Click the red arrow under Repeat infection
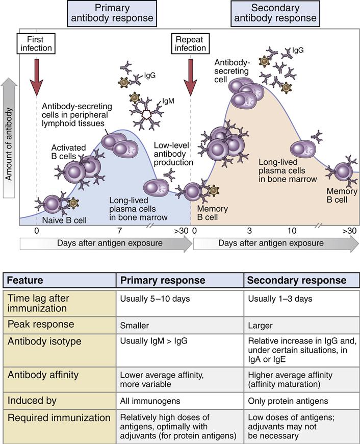click(x=191, y=75)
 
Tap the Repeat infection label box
click(x=191, y=43)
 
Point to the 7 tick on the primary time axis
click(x=119, y=231)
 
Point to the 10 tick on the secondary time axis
click(x=292, y=231)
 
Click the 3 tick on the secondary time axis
click(x=249, y=231)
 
